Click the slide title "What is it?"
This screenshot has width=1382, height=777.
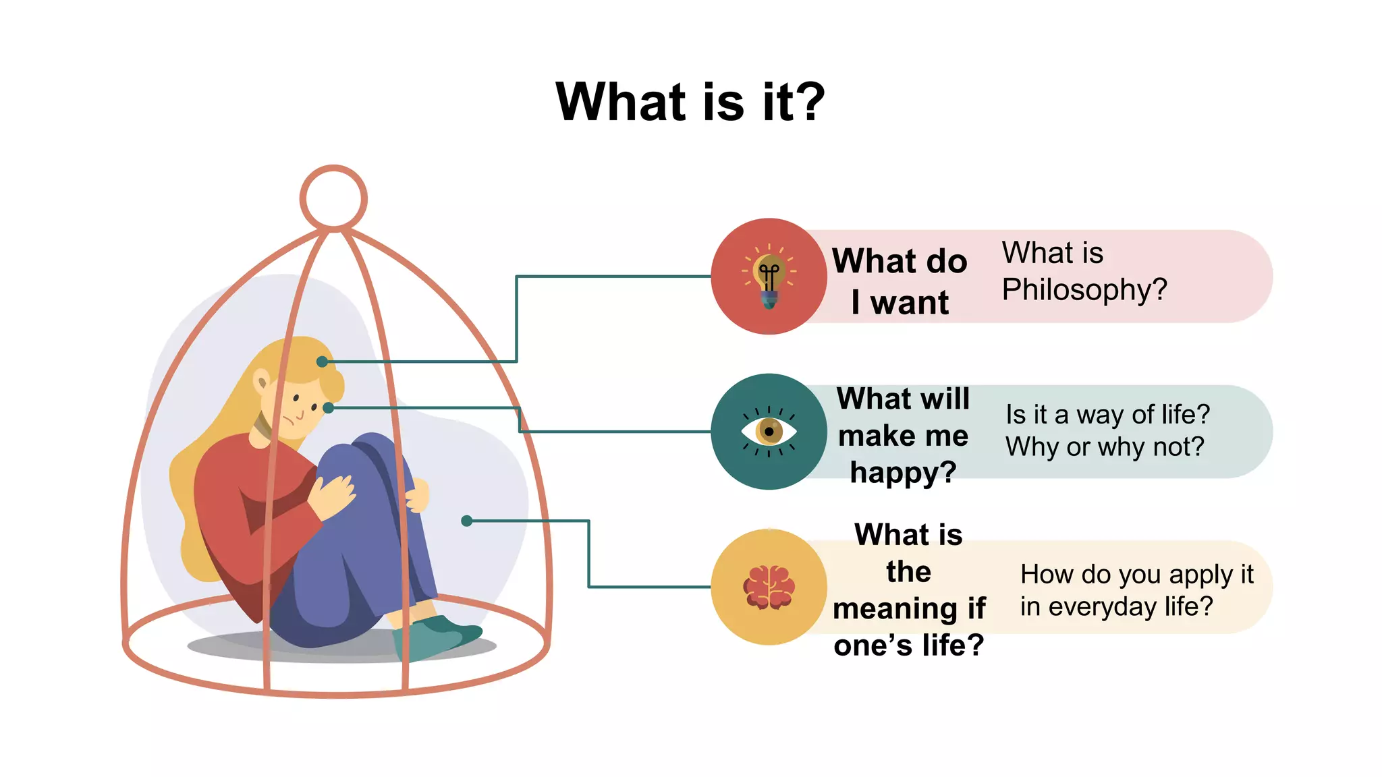690,103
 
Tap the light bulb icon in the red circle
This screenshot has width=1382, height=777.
769,277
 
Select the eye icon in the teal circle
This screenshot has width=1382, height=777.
769,432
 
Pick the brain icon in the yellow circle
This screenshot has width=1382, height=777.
769,587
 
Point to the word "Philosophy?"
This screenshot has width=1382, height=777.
1084,290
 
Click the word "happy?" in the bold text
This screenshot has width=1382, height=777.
903,472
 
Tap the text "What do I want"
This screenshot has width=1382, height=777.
900,281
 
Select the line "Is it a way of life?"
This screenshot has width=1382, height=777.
1107,414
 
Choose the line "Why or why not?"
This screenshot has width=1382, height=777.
1105,447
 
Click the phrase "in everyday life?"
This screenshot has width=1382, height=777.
1116,606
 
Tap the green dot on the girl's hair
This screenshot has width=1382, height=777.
323,362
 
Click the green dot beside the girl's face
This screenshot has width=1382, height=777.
328,407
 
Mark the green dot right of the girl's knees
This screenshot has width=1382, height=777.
466,521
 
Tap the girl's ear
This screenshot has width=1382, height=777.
261,381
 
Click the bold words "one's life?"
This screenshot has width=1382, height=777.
908,645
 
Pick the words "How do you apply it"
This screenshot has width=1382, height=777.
1136,574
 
